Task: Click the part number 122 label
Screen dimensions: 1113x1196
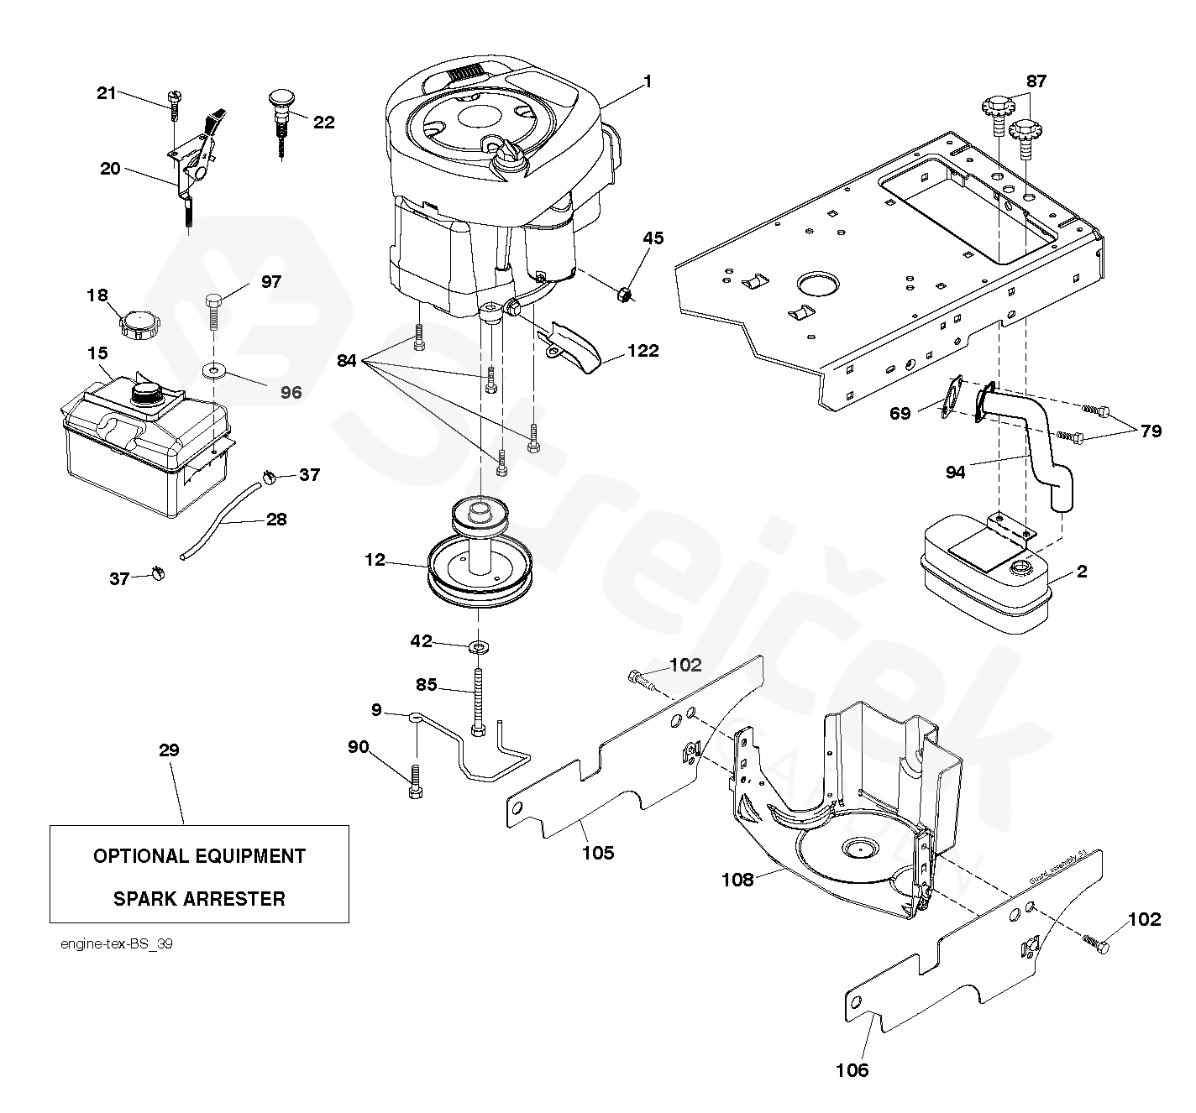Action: (x=643, y=351)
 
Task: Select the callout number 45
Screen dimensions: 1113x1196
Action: (x=653, y=238)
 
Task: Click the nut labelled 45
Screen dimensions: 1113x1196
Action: (x=624, y=294)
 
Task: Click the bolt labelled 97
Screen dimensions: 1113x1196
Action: (x=213, y=311)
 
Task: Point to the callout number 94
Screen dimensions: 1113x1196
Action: (x=955, y=473)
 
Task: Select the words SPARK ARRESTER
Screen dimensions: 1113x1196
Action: (x=199, y=899)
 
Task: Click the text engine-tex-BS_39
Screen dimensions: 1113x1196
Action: (x=117, y=943)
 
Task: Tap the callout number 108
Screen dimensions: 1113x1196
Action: (x=738, y=879)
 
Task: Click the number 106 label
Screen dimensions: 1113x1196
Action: (x=852, y=1070)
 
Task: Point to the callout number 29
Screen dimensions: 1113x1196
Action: (x=169, y=750)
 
